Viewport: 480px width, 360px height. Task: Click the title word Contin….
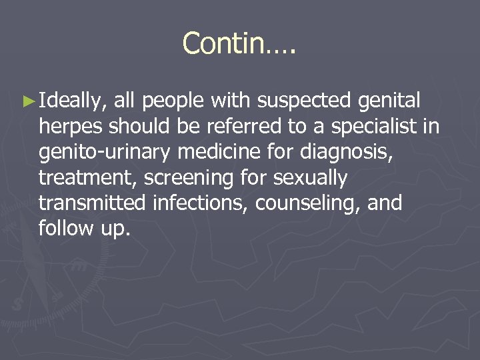(239, 44)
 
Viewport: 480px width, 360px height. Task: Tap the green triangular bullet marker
(27, 102)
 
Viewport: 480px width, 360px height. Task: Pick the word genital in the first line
(389, 102)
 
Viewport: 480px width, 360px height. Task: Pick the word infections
(208, 203)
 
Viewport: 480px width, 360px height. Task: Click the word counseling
(310, 203)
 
